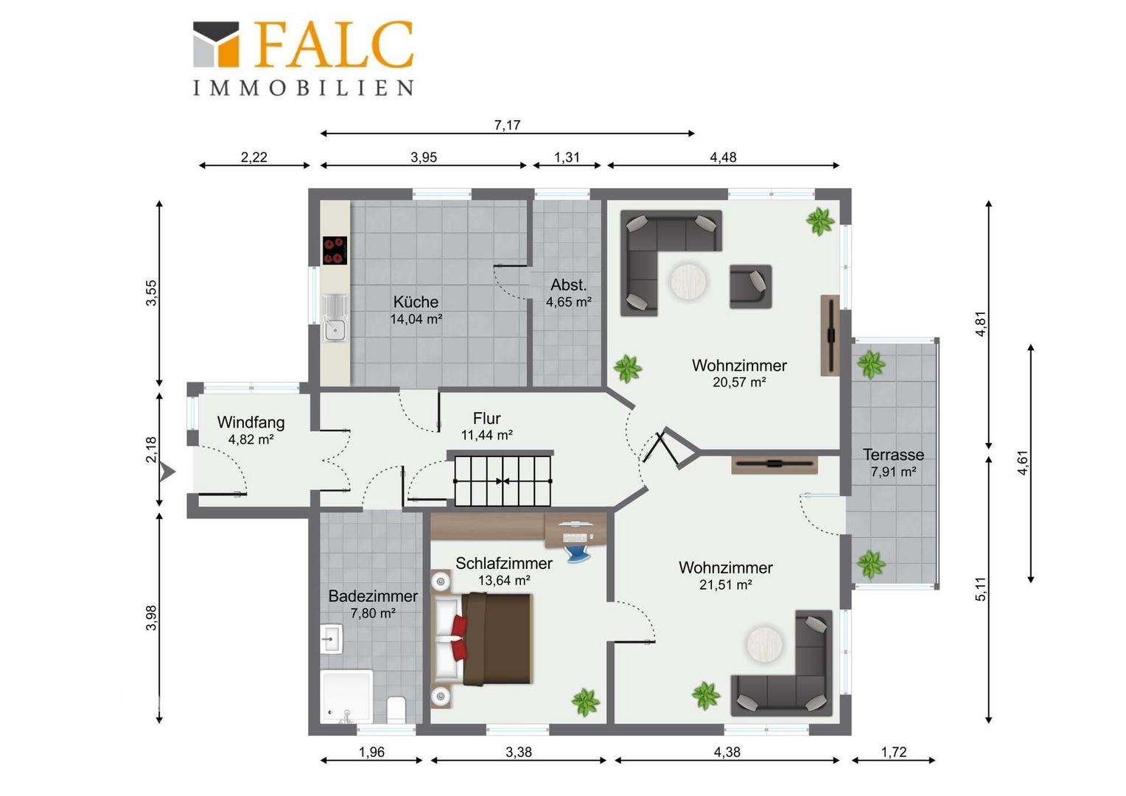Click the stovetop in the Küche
click(x=335, y=251)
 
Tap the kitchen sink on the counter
click(x=335, y=318)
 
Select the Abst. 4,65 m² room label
click(x=569, y=293)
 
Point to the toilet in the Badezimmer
click(x=396, y=709)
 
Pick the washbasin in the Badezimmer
click(x=332, y=638)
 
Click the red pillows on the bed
click(x=459, y=638)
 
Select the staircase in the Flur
click(x=503, y=481)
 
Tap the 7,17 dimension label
click(x=507, y=125)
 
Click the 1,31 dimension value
click(x=567, y=158)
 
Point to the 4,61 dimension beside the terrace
click(x=1022, y=463)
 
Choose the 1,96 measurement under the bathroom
click(x=371, y=753)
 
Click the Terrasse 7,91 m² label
click(x=893, y=463)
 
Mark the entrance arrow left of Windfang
click(x=167, y=472)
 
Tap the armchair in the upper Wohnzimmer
click(x=750, y=287)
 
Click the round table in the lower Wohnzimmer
click(x=764, y=643)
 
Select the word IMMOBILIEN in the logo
click(x=304, y=88)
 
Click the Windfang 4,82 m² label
click(x=251, y=430)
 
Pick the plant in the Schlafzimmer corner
click(x=586, y=702)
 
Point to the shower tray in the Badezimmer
click(x=347, y=696)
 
